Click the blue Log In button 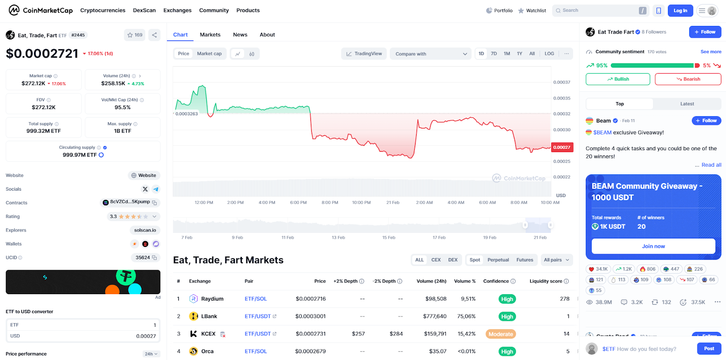680,10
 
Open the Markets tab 210,35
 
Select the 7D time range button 494,54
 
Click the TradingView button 364,54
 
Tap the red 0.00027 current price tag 562,147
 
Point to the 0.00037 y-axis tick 562,82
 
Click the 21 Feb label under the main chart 392,202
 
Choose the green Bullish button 618,79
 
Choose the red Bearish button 688,79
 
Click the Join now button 653,246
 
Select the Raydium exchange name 212,299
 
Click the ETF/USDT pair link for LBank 258,316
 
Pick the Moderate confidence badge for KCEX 500,334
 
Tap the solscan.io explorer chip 145,230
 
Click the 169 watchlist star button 135,35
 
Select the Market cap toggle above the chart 209,54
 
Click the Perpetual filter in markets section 498,260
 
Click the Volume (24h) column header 431,281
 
